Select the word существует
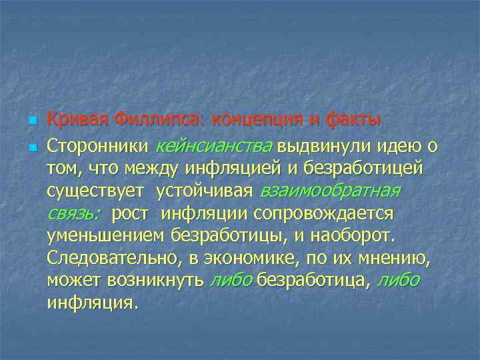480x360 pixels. [x=95, y=191]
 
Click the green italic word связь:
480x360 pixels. [x=73, y=214]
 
